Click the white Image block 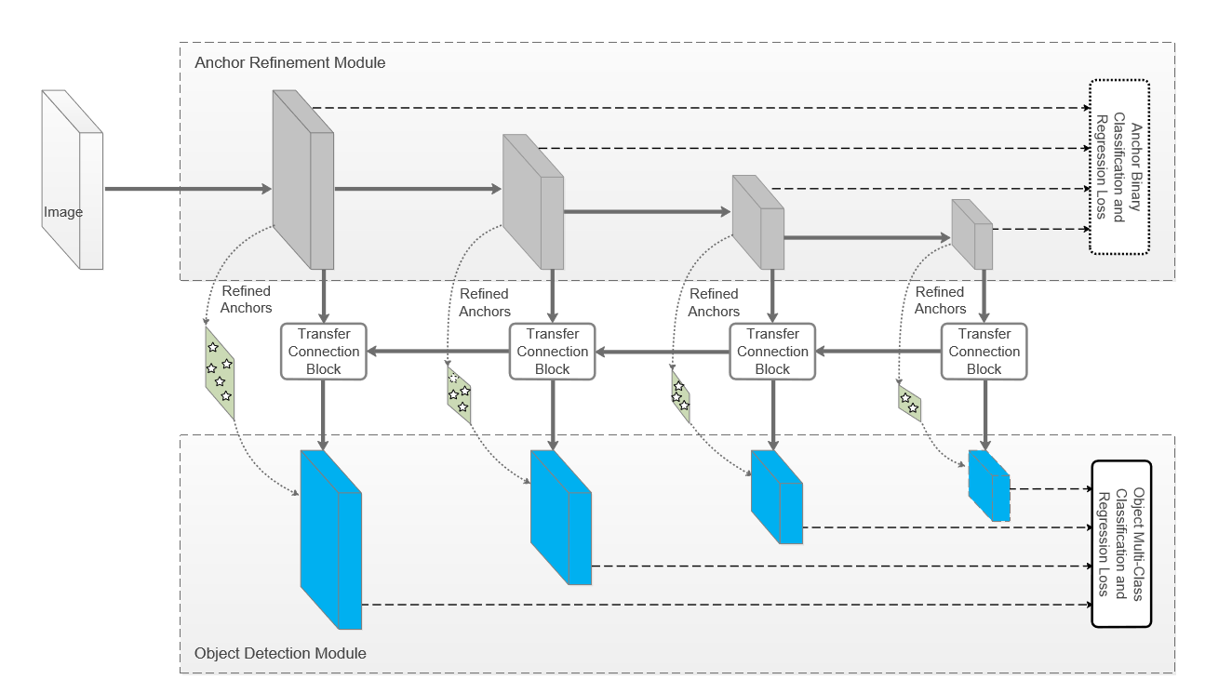(72, 180)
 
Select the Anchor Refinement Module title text (289, 62)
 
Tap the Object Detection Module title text (280, 653)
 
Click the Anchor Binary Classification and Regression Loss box (1119, 167)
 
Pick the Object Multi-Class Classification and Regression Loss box (1121, 544)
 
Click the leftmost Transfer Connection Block (324, 352)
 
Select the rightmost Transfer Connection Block (984, 352)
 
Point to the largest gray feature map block (303, 180)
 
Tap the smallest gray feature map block (972, 234)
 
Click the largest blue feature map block (330, 540)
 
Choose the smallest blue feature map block (989, 486)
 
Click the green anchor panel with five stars (220, 373)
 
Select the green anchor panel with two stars (910, 403)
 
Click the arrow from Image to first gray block (188, 189)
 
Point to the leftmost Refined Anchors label (246, 300)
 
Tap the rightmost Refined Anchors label (940, 300)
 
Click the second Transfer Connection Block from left (552, 352)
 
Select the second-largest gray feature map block (533, 202)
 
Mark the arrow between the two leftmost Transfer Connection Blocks (438, 352)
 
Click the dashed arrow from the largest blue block (727, 605)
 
